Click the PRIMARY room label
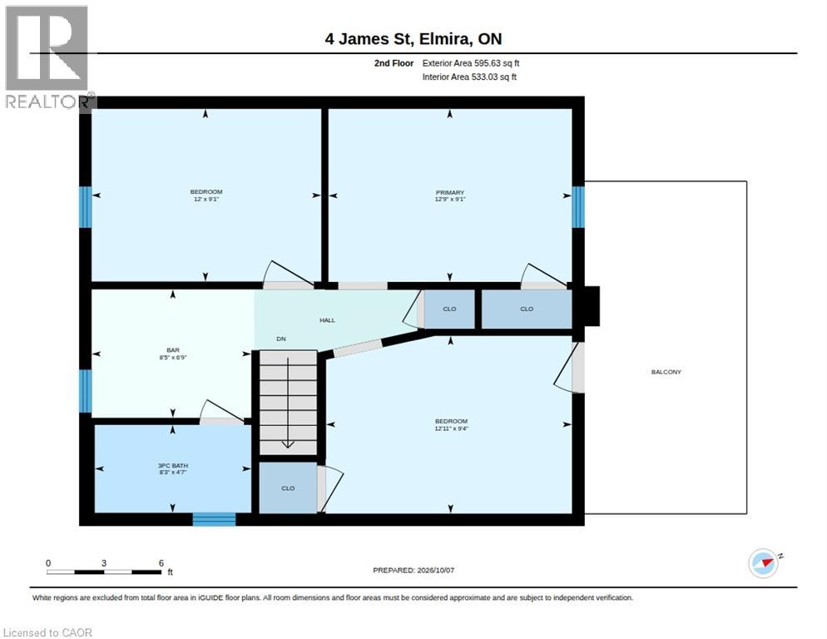click(450, 192)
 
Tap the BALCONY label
click(666, 372)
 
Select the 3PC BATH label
click(173, 465)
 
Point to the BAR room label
click(173, 349)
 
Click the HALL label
click(327, 320)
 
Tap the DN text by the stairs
click(281, 339)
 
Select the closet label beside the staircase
click(288, 488)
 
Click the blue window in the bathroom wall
click(214, 519)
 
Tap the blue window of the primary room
click(578, 207)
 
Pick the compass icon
click(764, 563)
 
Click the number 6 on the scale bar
click(161, 563)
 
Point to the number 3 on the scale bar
click(104, 563)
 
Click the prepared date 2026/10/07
click(436, 570)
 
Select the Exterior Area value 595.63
click(488, 63)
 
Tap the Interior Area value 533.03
click(485, 77)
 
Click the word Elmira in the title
click(443, 39)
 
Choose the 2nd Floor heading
click(394, 63)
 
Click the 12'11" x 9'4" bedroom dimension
click(451, 428)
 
